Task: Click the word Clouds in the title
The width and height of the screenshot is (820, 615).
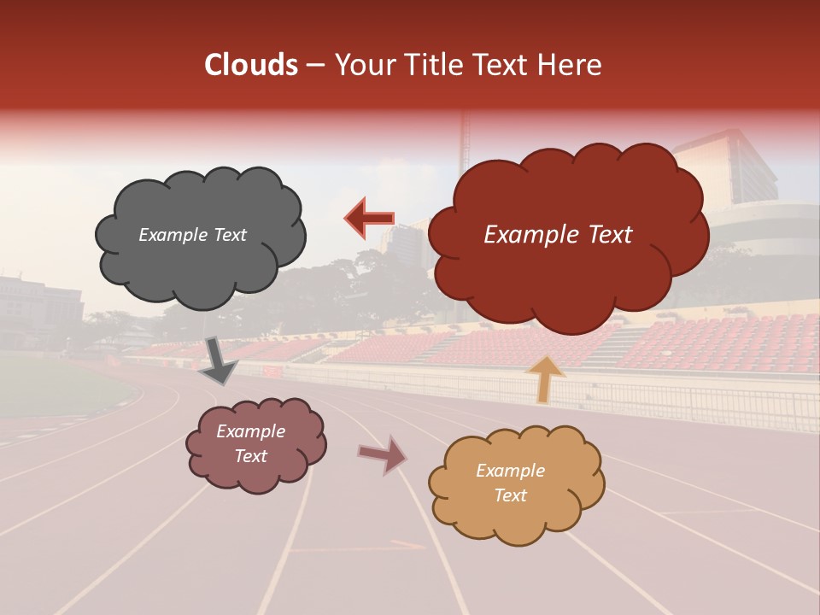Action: [251, 65]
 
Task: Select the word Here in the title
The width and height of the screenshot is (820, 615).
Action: [572, 65]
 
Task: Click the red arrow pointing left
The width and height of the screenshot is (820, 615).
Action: [369, 218]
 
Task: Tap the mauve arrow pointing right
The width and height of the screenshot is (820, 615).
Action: [383, 455]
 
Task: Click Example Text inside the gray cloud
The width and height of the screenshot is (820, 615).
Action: [192, 235]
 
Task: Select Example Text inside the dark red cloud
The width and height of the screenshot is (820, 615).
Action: [558, 235]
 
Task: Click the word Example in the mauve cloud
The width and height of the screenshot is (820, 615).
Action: [250, 431]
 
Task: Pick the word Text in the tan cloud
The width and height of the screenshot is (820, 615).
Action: [510, 495]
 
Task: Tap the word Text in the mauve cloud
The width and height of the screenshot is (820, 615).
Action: [250, 456]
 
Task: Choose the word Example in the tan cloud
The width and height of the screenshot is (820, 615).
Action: [510, 471]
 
